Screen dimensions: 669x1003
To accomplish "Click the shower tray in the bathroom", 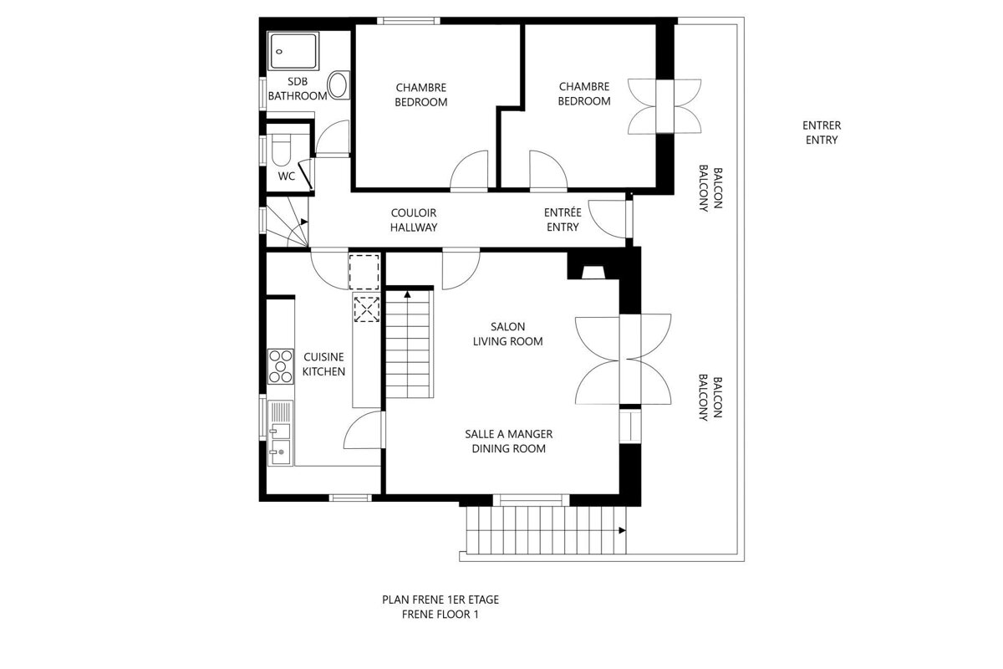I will point(293,53).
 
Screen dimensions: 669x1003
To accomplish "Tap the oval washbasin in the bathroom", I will point(339,85).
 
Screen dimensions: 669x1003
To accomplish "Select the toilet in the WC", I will point(280,151).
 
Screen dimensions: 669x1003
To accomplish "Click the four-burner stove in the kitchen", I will point(282,366).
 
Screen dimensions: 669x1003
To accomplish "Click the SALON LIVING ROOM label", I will point(507,334).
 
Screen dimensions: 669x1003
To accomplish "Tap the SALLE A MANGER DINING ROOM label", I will point(508,442).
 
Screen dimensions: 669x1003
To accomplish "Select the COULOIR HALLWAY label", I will point(414,220).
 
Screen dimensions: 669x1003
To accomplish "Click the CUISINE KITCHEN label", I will point(323,365).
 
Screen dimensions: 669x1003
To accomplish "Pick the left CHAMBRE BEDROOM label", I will point(421,94).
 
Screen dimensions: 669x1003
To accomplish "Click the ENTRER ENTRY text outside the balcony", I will point(821,133).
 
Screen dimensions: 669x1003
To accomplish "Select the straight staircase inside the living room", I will point(410,345).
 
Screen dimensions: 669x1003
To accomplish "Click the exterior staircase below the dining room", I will point(543,530).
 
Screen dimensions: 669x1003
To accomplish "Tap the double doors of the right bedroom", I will point(665,105).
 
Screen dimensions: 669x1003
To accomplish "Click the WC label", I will point(287,176).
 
